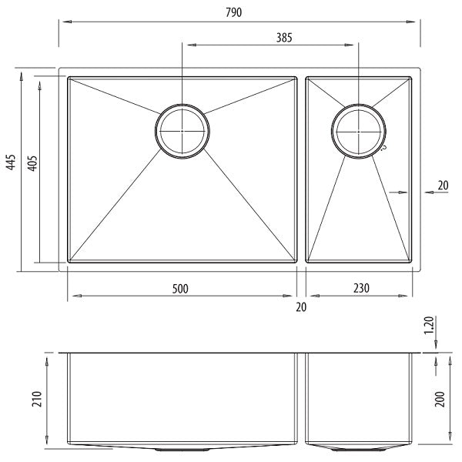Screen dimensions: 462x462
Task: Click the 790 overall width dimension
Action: click(233, 12)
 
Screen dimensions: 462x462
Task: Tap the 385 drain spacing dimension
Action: click(284, 38)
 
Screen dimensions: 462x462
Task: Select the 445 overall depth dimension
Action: click(12, 162)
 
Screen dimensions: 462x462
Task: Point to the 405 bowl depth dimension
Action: click(32, 163)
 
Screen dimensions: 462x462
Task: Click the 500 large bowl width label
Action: click(180, 289)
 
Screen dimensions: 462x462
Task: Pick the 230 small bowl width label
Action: click(361, 288)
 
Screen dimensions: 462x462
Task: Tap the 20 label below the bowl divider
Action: click(301, 307)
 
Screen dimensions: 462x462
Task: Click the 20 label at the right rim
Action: click(444, 186)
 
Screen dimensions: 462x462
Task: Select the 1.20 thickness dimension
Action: click(430, 325)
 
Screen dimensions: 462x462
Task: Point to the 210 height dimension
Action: click(37, 399)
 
